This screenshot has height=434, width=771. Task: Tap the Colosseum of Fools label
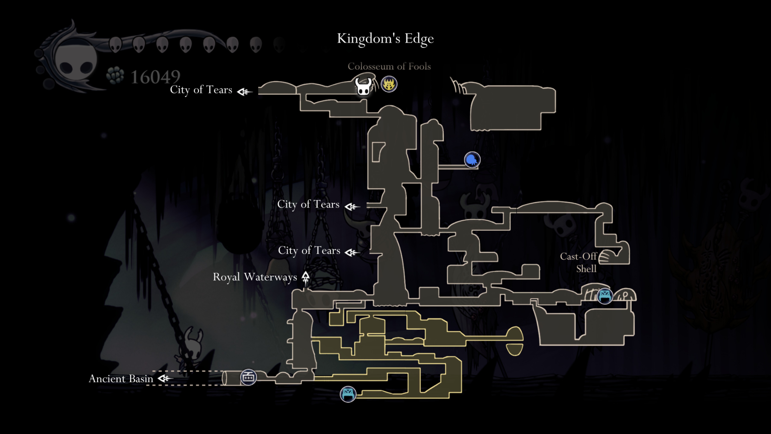click(389, 66)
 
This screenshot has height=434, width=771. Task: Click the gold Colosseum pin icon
click(389, 84)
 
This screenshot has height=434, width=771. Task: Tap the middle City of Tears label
click(308, 204)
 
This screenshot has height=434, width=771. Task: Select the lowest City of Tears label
click(309, 250)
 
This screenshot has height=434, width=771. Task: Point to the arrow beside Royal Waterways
click(305, 277)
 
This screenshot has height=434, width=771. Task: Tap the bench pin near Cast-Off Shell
click(605, 296)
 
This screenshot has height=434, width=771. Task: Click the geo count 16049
click(155, 77)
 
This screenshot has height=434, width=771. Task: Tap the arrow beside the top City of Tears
click(244, 92)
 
